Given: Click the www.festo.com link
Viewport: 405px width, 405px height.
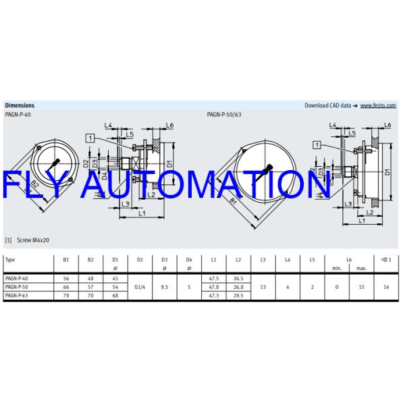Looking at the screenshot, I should (x=379, y=106).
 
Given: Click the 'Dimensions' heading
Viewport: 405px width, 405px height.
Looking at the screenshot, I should (x=20, y=106).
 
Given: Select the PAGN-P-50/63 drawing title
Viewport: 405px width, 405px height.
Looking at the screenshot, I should (x=223, y=115).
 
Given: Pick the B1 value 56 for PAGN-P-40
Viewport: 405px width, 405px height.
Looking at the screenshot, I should (x=66, y=278).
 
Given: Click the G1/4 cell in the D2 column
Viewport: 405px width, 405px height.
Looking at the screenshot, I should (x=140, y=287).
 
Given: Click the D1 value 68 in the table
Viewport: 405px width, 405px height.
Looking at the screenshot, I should (x=115, y=295).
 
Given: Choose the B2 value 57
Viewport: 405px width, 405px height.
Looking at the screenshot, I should (x=91, y=287).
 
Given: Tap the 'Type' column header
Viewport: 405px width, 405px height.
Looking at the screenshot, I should (x=10, y=260).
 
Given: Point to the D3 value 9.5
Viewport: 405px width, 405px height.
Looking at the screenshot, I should (x=165, y=287).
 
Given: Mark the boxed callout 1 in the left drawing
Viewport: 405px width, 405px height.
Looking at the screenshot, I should (x=90, y=138).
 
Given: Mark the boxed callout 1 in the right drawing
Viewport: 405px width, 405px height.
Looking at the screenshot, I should (x=317, y=143).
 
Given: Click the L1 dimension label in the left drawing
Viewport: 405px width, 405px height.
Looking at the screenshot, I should (x=140, y=213).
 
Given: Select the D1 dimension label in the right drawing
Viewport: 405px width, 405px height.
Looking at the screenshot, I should (x=388, y=172).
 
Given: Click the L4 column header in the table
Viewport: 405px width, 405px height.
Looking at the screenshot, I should (x=287, y=260).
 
